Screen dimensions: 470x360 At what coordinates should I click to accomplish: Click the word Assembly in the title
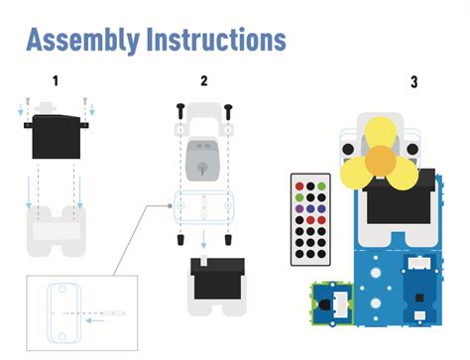coord(82,41)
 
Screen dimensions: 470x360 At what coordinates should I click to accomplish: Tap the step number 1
coord(56,80)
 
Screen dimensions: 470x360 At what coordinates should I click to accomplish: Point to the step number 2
coord(204,80)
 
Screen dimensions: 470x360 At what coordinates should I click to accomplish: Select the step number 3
coord(414,81)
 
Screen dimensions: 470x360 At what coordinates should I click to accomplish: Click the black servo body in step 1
coord(57,137)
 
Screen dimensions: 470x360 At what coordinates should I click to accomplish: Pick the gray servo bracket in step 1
coord(57,231)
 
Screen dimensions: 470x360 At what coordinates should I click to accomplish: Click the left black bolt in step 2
coord(180,111)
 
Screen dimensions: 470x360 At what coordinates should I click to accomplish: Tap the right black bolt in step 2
coord(228,112)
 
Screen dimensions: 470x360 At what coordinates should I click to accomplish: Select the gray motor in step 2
coord(202,161)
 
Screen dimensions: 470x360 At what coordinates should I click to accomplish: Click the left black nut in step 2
coord(180,240)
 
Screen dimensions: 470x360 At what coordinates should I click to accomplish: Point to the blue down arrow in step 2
coord(203,240)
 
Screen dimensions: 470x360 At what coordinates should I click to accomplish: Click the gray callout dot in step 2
coord(170,206)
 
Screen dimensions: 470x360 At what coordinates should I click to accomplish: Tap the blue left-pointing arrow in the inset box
coord(95,320)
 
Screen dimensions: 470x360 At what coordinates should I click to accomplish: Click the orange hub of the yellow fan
coord(381,162)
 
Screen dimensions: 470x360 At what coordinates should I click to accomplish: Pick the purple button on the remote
coord(299,209)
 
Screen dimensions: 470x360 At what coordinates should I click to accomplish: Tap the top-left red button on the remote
coord(299,186)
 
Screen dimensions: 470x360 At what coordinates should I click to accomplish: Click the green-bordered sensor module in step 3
coord(332,303)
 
